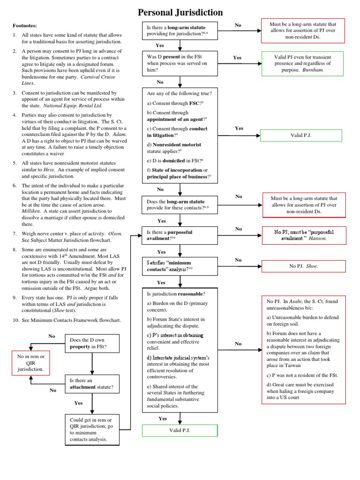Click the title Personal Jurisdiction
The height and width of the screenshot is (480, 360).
coord(180,12)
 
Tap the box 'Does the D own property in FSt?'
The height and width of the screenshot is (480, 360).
coord(93,344)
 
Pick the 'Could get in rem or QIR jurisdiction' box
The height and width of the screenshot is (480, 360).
coord(93,428)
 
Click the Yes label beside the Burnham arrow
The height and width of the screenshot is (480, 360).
coord(237,58)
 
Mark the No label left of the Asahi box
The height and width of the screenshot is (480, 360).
coord(238,344)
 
